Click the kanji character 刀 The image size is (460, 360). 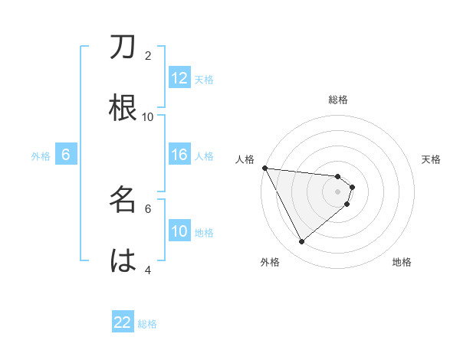123,48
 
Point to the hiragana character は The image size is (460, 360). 123,260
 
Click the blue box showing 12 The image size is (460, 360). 179,78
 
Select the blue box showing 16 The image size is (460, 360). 179,155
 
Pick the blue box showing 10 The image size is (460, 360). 179,231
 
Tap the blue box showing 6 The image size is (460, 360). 66,155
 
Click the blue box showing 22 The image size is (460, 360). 123,322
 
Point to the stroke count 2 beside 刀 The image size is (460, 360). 148,55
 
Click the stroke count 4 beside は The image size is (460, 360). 148,269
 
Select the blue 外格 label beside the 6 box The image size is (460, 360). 41,155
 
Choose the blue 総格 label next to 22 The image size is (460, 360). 147,323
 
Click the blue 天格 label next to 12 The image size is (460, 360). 204,79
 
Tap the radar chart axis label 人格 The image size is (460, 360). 245,159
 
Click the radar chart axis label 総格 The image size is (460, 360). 338,100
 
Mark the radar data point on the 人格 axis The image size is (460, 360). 264,168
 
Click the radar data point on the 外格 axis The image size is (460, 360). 301,241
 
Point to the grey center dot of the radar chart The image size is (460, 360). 338,191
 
